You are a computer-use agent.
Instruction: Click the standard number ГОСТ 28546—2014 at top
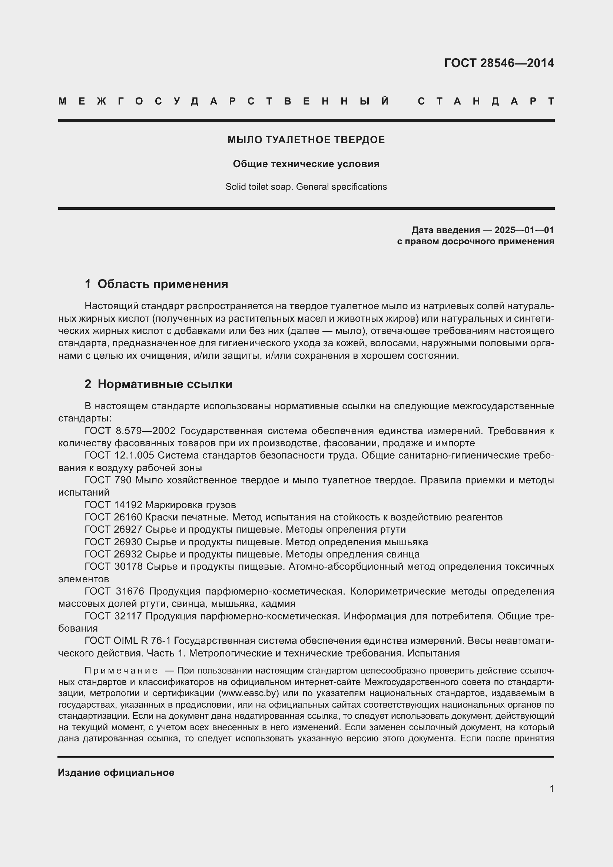498,63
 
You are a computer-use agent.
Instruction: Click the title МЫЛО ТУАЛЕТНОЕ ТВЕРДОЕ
306,140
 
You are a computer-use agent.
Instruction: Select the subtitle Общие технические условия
306,164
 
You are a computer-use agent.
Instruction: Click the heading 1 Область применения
156,284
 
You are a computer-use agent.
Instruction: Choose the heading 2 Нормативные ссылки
159,384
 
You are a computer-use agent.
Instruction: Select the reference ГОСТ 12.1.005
119,456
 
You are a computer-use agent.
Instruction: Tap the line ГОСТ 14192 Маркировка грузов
160,505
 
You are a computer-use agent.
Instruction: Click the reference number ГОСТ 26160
113,517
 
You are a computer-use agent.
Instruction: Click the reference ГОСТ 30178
113,566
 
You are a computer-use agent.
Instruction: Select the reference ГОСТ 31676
113,591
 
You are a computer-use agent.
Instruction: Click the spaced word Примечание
121,671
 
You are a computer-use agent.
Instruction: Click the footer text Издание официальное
116,772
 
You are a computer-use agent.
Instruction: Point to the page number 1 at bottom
551,788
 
